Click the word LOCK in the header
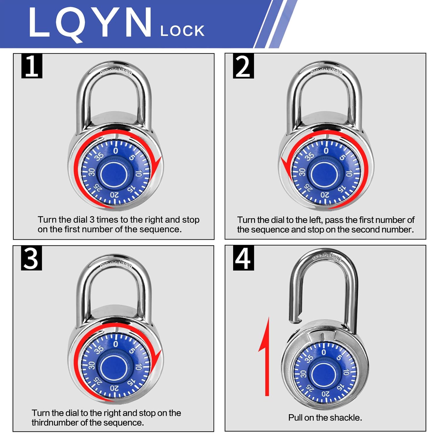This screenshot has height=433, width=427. (x=182, y=31)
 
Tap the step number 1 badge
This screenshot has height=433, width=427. (x=32, y=66)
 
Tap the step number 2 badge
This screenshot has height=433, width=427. (x=243, y=66)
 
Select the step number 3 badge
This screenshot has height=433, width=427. (x=31, y=258)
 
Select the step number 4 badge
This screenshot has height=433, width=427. (x=243, y=258)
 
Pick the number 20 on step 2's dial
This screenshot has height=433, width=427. (x=325, y=195)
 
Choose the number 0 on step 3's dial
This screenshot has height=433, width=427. (x=116, y=344)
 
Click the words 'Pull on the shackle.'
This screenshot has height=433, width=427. (x=325, y=417)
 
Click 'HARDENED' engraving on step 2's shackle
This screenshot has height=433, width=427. (x=327, y=70)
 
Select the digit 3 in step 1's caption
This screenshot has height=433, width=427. (x=92, y=220)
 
